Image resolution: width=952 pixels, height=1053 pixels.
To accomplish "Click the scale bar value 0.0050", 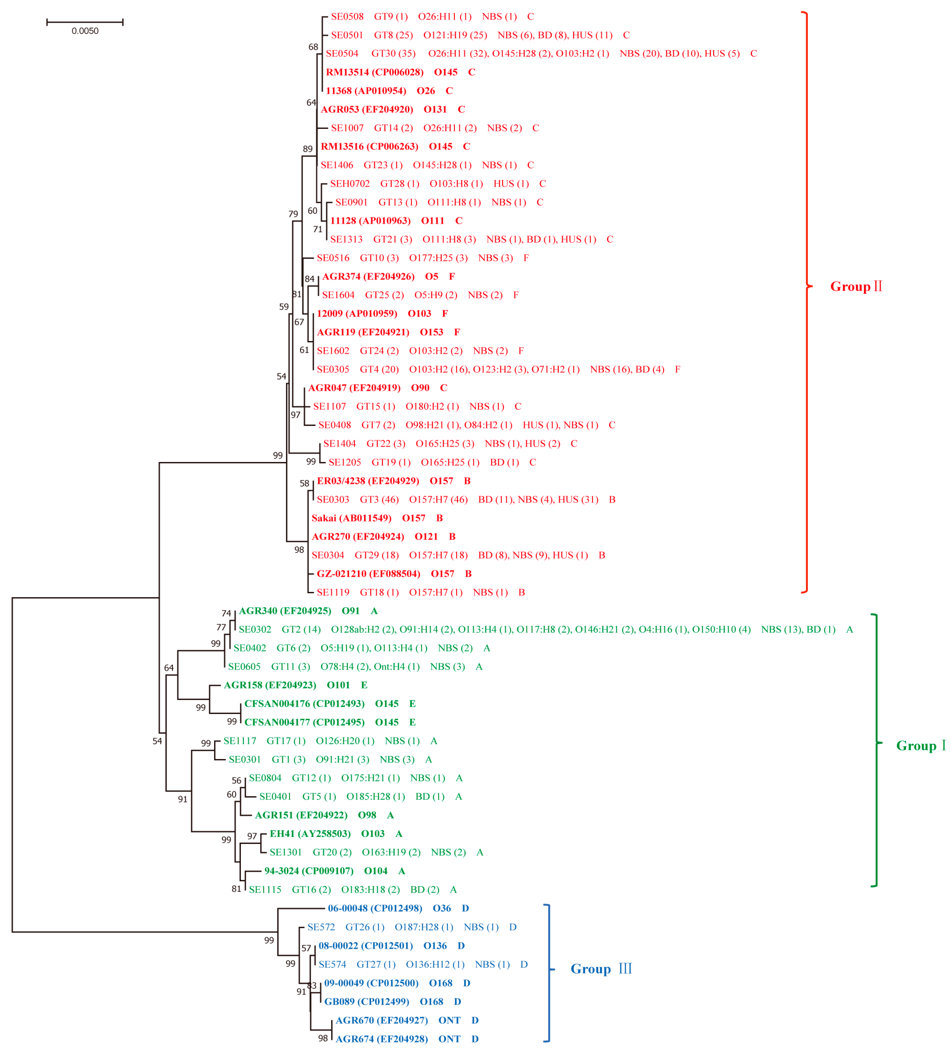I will tap(85, 31).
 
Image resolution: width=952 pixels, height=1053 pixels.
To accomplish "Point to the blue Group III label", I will tap(601, 969).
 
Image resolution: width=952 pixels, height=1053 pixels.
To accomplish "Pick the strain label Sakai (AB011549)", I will tap(351, 518).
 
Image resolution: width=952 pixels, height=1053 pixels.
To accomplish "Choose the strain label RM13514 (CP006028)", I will tap(374, 72).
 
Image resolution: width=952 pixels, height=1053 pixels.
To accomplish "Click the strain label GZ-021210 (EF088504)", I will tap(368, 573).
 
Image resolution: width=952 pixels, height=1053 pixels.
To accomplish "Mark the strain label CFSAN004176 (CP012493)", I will tap(304, 704).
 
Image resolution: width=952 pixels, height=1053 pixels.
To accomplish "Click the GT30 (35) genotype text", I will tap(393, 54).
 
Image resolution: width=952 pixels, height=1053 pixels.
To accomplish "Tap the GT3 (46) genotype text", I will tap(379, 499).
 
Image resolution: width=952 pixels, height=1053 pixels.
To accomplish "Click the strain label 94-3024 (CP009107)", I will tap(308, 871).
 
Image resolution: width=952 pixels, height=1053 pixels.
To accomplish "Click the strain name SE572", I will tap(321, 927).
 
